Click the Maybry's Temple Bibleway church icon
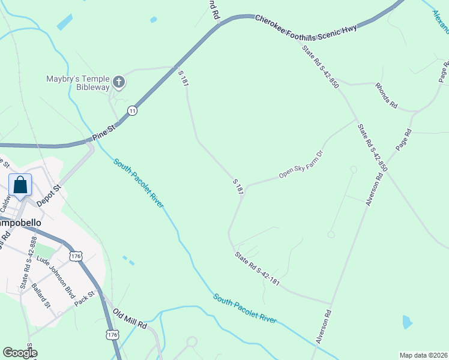click(x=119, y=82)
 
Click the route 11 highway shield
click(x=132, y=110)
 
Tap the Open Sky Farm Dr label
click(x=301, y=165)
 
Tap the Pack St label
click(x=85, y=298)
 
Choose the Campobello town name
click(x=20, y=223)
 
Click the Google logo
click(x=20, y=353)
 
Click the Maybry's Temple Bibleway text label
click(x=78, y=83)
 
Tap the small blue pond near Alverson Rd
click(x=408, y=322)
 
